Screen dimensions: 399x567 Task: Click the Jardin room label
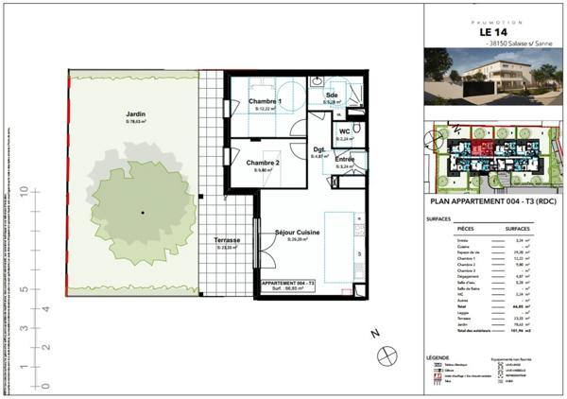(139, 113)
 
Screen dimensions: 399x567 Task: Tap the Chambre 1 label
(266, 101)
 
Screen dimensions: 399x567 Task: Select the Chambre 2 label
(264, 164)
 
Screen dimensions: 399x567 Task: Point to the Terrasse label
(227, 240)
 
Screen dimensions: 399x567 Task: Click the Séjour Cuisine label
(297, 232)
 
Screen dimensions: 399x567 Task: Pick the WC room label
(345, 130)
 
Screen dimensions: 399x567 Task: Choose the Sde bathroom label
(333, 96)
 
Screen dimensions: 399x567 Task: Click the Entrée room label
(345, 160)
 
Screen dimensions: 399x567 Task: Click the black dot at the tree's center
(142, 214)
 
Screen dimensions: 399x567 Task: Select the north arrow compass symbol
(386, 355)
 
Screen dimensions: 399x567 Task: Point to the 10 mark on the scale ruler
(22, 192)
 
